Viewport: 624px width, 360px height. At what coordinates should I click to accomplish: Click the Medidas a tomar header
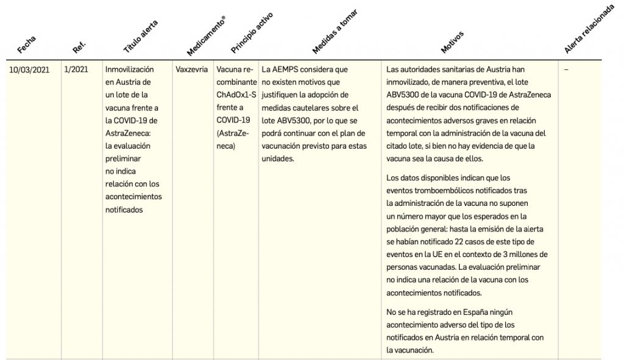pyautogui.click(x=334, y=31)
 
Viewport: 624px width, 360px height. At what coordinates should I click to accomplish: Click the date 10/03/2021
pyautogui.click(x=29, y=69)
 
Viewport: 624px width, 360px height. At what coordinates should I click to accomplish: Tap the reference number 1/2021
pyautogui.click(x=76, y=69)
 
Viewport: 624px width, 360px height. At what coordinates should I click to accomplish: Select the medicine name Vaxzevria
pyautogui.click(x=191, y=69)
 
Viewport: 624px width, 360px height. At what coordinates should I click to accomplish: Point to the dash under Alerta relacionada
pyautogui.click(x=566, y=69)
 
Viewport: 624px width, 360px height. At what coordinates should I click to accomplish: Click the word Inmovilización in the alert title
pyautogui.click(x=129, y=69)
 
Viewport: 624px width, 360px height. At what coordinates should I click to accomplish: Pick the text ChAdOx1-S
pyautogui.click(x=236, y=96)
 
